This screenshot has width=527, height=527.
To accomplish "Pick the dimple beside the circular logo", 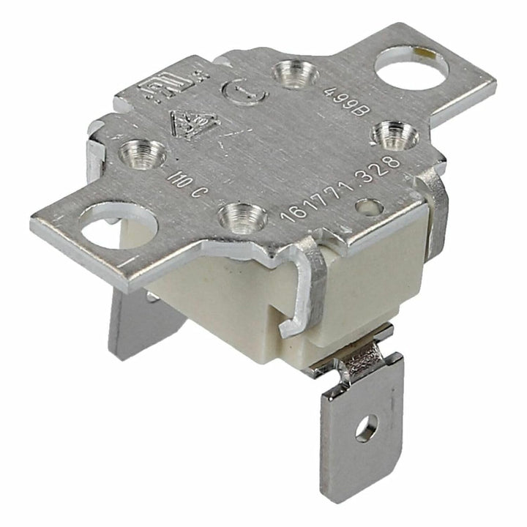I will [296, 74].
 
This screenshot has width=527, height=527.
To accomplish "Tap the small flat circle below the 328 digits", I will [369, 207].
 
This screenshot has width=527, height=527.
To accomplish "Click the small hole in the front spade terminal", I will [366, 426].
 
